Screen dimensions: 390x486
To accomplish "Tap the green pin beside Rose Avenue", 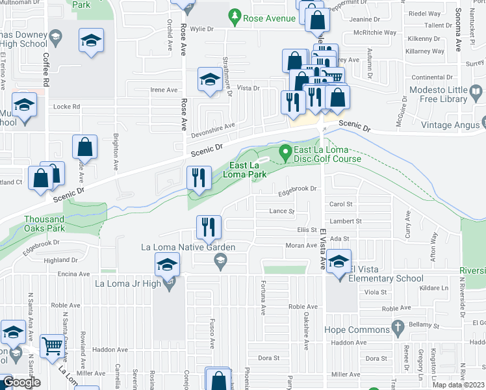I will coord(234,14).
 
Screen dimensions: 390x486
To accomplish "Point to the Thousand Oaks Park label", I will coord(45,224).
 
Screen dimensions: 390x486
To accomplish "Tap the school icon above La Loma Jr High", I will coord(166,265).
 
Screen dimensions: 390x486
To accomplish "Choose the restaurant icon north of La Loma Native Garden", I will coord(209,227).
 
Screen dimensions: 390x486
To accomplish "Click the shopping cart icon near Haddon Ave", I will coord(52,346).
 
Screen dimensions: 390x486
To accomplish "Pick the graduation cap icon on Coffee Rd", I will coord(91,40).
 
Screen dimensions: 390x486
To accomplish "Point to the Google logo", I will coord(21,382).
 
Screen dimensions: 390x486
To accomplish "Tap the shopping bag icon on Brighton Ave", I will coord(84,148).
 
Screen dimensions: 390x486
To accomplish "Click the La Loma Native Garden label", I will coord(189,247).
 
